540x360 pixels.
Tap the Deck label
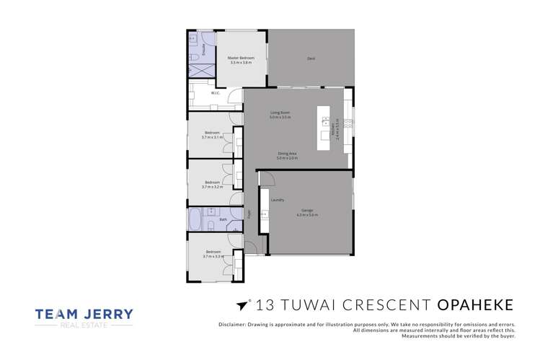[311, 58]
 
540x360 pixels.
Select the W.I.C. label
[215, 93]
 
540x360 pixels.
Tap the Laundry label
[277, 200]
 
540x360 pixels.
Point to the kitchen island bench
[325, 130]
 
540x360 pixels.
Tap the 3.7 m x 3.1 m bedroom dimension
[212, 137]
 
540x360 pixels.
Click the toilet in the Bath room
[208, 226]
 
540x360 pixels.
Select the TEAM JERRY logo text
[84, 315]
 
